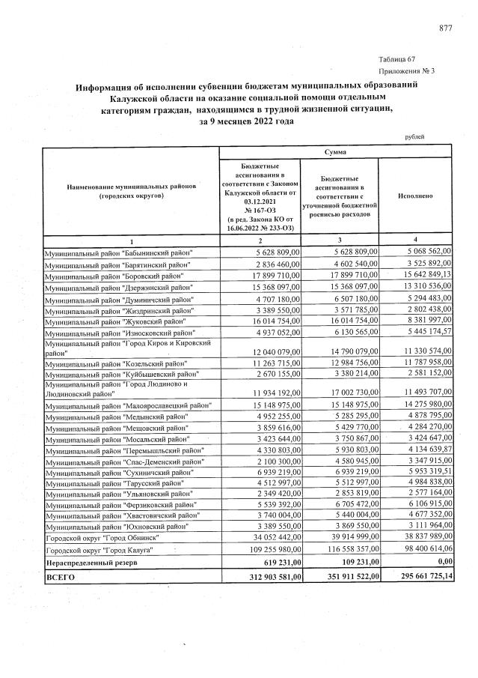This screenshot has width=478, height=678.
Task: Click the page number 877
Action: (x=446, y=28)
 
